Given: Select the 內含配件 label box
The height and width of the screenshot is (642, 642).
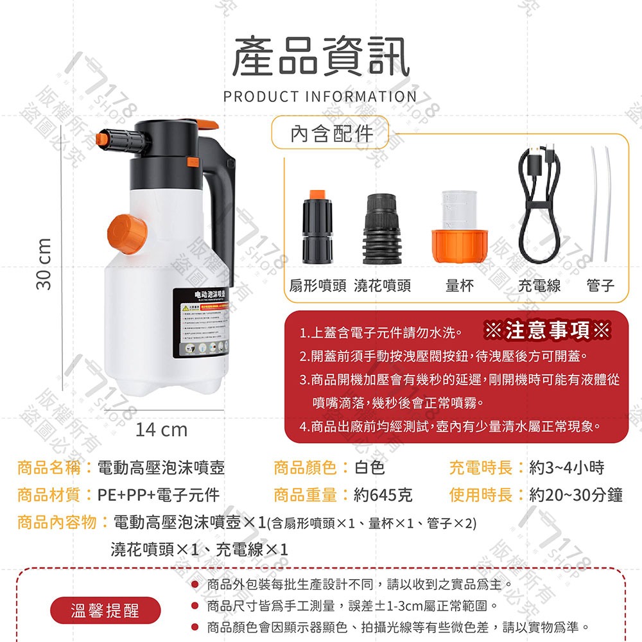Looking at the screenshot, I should tap(331, 133).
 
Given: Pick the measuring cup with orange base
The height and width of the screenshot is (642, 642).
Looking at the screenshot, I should tap(460, 227).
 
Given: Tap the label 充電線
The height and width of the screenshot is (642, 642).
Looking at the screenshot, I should tap(539, 286).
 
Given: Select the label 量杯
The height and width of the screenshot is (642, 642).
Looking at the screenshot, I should tap(460, 286).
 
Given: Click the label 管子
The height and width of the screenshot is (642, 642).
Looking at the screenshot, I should tap(601, 286).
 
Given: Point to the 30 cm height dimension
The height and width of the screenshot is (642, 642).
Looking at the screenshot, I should tap(44, 263).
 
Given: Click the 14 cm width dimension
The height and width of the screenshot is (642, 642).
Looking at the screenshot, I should tap(161, 429).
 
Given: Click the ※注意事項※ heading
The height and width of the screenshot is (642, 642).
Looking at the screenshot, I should tap(547, 331).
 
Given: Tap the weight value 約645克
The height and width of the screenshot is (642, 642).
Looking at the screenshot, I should tap(383, 495).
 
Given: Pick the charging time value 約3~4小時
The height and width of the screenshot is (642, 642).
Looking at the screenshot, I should tap(567, 467).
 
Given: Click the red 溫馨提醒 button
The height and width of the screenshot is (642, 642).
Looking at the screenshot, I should tap(105, 609).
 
